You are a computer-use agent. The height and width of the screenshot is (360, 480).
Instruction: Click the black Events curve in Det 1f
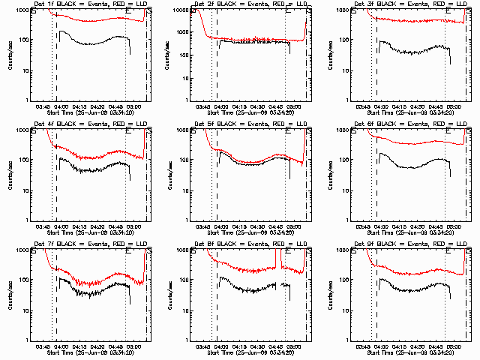coord(90,43)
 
